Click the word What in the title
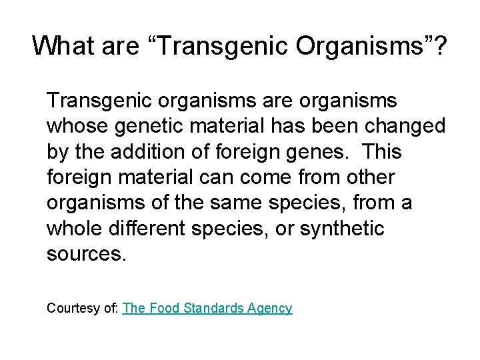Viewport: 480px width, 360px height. click(x=60, y=46)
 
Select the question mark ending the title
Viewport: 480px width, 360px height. click(x=441, y=46)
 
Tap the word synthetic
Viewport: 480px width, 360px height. click(x=342, y=228)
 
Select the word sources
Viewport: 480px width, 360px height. click(x=85, y=253)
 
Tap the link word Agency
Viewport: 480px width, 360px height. click(x=269, y=308)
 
